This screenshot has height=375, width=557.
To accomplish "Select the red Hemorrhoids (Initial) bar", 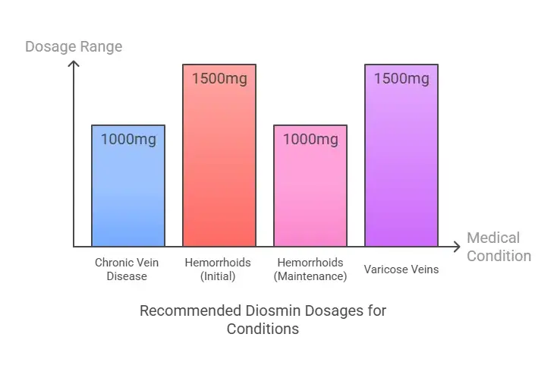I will tap(219, 167).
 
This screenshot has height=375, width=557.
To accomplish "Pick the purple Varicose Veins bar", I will tap(401, 167).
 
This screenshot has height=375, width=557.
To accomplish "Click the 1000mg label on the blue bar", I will tap(128, 139).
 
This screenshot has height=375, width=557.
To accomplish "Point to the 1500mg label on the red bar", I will tap(219, 78).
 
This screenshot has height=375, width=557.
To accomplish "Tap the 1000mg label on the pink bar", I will tap(310, 139).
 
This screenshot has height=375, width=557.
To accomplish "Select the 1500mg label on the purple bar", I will tap(401, 78).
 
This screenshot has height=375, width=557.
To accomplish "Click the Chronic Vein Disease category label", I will tap(127, 269).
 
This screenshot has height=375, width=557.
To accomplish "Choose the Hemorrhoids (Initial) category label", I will tap(218, 269).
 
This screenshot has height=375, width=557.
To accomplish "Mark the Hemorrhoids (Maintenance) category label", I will tap(310, 269).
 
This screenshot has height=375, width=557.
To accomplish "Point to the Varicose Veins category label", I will tap(401, 269).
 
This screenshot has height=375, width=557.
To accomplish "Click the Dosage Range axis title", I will tap(74, 46).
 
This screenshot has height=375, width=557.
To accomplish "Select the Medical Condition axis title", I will tap(499, 247).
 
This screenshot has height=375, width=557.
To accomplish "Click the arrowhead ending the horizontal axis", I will tap(456, 247).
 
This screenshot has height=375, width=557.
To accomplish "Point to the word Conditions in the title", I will tap(263, 329).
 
